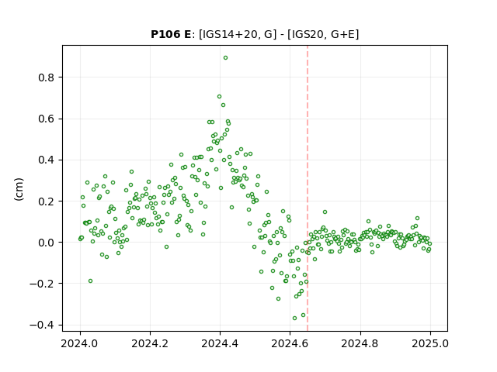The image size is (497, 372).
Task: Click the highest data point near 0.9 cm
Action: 225,58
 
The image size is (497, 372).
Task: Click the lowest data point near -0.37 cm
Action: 294,318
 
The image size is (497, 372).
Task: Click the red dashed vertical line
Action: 308,188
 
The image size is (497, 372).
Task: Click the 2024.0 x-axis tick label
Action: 80,343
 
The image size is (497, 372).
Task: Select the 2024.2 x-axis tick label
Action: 150,343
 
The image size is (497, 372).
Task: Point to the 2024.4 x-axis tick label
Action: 220,343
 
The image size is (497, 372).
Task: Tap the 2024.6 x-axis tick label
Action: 290,343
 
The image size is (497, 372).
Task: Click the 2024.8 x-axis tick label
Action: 360,343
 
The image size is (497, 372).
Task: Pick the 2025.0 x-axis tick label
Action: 430,343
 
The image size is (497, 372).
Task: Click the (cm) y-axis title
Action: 19,189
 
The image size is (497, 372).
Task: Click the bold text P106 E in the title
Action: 171,34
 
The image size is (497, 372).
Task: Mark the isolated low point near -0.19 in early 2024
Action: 90,281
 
